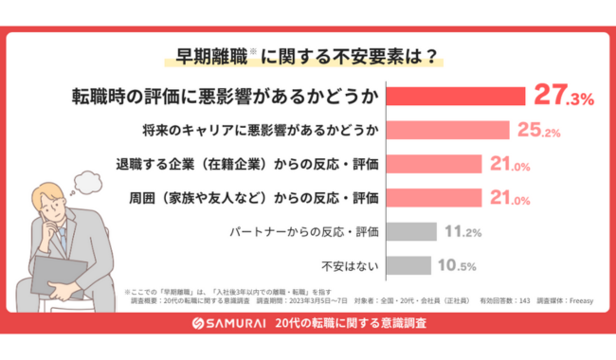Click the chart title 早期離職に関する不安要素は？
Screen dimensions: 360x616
tap(308, 55)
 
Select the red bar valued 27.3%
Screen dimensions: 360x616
tap(455, 98)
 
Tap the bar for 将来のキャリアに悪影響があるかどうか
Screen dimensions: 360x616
tap(447, 131)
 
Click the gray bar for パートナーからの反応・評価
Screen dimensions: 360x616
tap(411, 231)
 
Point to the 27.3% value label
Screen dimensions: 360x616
tap(563, 98)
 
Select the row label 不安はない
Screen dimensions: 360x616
tap(353, 264)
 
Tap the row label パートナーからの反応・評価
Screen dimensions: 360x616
tap(304, 231)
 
